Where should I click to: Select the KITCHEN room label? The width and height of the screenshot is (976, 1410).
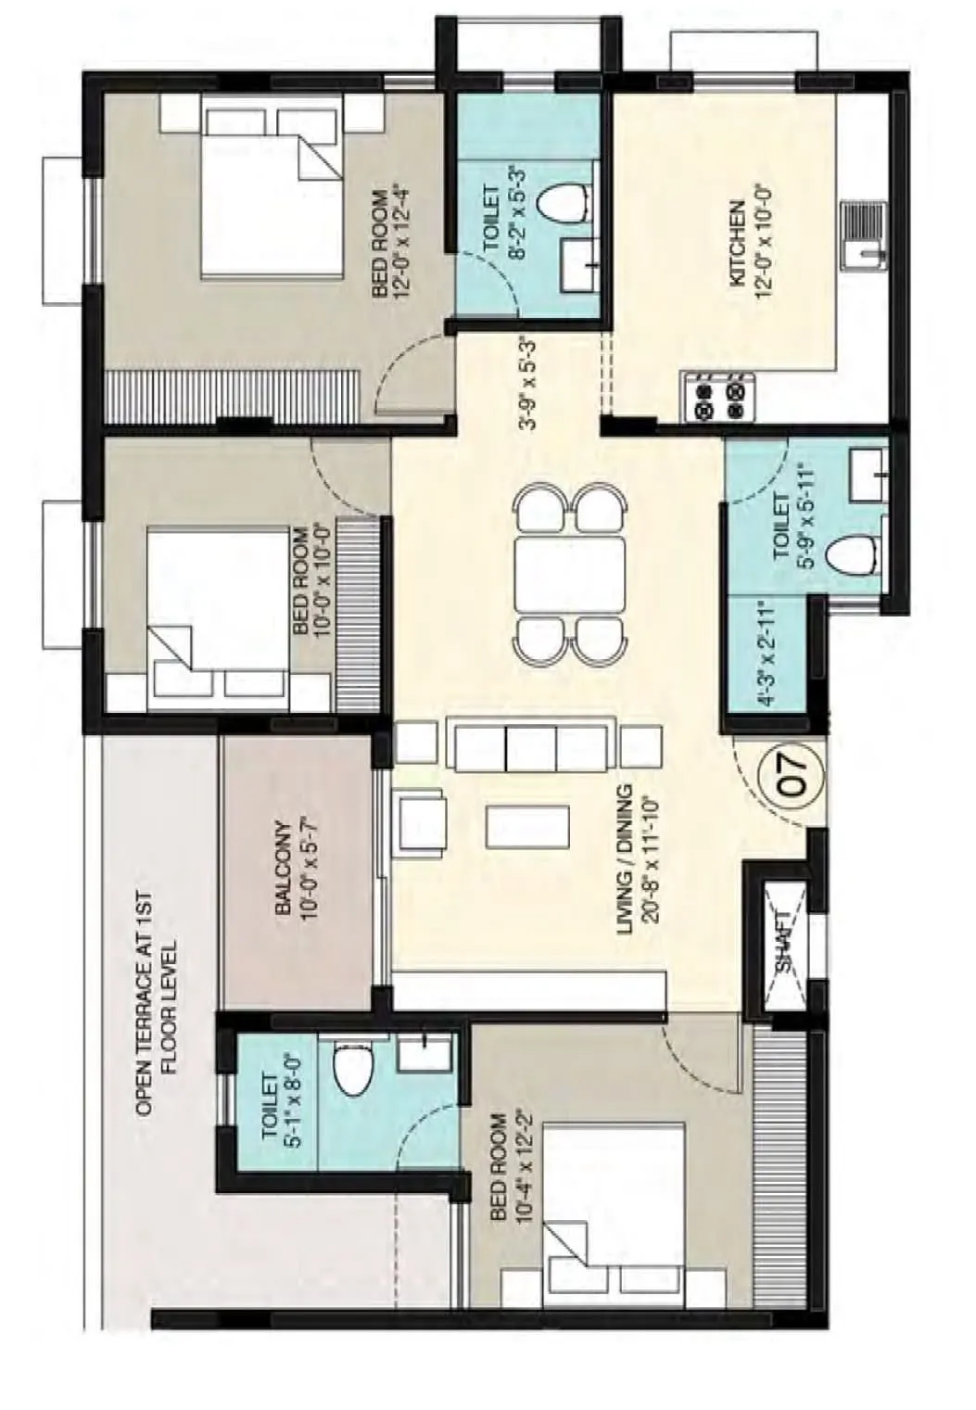(x=738, y=243)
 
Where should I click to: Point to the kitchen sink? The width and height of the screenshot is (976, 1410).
(x=864, y=235)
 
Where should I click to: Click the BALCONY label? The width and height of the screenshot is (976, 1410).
(x=284, y=869)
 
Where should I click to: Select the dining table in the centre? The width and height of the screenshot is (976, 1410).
(x=569, y=575)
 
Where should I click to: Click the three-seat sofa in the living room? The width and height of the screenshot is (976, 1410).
(x=531, y=743)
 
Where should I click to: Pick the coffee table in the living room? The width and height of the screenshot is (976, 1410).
(x=526, y=826)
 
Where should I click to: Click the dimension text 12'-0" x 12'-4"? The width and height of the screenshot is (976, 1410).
(x=401, y=243)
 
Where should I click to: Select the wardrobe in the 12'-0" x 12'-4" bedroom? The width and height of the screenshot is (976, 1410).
(x=233, y=396)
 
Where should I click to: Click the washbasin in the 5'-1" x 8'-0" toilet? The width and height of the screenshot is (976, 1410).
(x=425, y=1053)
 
